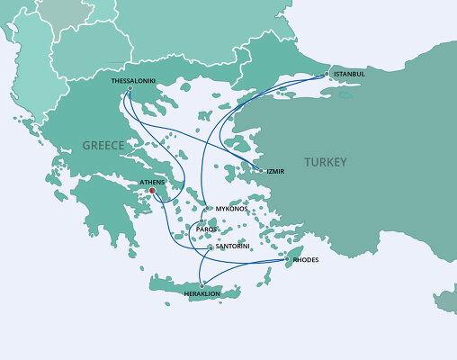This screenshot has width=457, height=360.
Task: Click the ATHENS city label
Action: (x=141, y=182)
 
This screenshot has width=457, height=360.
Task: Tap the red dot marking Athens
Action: (x=152, y=191)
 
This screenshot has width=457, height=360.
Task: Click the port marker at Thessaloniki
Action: (x=130, y=88)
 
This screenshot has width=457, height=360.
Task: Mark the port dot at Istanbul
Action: (x=329, y=75)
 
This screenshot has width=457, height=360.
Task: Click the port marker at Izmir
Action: (x=262, y=169)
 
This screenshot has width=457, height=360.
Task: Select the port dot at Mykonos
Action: (x=209, y=209)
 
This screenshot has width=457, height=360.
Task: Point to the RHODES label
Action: (x=306, y=261)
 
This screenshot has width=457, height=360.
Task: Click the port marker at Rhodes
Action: (x=288, y=260)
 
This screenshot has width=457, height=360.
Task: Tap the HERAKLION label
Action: (x=202, y=294)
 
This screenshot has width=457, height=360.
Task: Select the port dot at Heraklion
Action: (x=203, y=284)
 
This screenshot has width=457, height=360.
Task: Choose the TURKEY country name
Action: (x=325, y=162)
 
